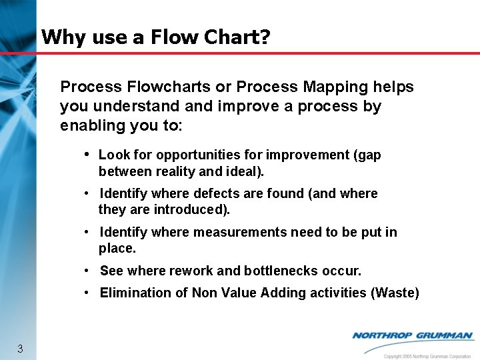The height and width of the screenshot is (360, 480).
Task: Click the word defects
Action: point(217,194)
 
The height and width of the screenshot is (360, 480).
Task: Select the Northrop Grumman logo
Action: point(413,336)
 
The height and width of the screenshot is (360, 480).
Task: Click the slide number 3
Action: point(20,349)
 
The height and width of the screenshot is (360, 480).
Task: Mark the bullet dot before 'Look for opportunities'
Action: point(87,154)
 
